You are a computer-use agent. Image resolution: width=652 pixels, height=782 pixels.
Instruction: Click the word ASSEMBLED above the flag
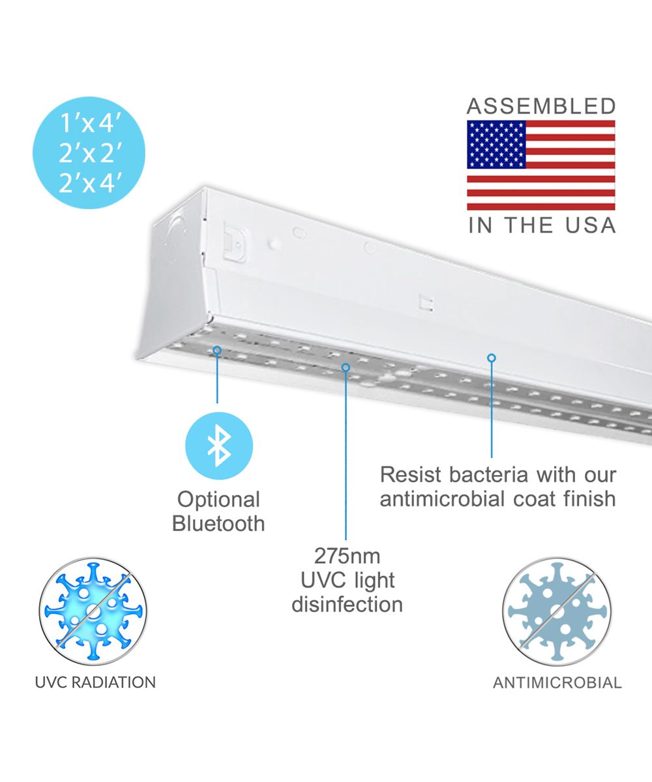coord(541,106)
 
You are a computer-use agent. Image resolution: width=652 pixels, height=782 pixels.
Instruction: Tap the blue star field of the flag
coord(496,145)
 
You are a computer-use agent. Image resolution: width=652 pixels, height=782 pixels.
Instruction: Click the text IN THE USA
coord(542,225)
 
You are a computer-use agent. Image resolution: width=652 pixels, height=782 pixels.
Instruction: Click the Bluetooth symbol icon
coord(219,446)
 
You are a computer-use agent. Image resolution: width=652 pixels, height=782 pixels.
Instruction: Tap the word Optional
coord(218,500)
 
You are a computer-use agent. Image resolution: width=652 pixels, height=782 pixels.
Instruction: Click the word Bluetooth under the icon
coord(218,523)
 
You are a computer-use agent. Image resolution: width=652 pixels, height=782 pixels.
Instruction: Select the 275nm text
coord(347,556)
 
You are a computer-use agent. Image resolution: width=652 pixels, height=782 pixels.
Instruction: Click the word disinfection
coord(347,604)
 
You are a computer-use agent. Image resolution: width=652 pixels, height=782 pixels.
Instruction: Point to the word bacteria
coord(488,475)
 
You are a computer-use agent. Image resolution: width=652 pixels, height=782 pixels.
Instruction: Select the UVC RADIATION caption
coord(95,682)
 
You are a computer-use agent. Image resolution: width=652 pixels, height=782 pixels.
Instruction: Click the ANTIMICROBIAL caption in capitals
coord(557,683)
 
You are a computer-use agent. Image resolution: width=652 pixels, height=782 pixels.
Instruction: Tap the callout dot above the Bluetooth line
coord(217,350)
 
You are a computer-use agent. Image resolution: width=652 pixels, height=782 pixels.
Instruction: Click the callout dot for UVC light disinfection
coord(346,368)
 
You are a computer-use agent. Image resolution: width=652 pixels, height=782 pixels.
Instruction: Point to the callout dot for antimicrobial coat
coord(492,358)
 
